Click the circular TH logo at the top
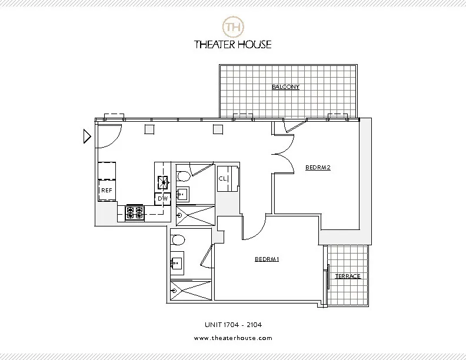[232, 26]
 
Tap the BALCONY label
[285, 87]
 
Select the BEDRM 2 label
[318, 167]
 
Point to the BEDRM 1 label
[267, 259]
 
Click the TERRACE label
[348, 276]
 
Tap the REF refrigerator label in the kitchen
[106, 191]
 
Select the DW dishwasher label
[163, 199]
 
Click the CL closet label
[223, 178]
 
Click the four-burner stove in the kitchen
[135, 212]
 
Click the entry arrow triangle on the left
[86, 137]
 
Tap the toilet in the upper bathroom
[183, 175]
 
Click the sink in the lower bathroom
[177, 264]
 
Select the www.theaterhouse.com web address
[232, 338]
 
